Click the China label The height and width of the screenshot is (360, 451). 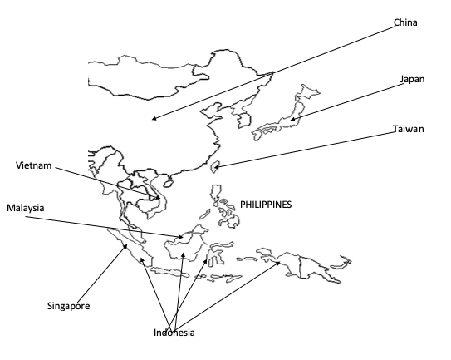click(x=405, y=22)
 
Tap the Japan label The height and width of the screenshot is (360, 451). click(x=413, y=79)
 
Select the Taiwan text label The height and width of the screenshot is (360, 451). click(x=409, y=129)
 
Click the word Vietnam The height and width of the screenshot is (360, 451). click(x=34, y=165)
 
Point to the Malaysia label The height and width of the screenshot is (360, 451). click(x=26, y=208)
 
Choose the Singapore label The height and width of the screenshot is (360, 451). click(x=68, y=306)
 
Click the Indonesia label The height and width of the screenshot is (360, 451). click(x=174, y=333)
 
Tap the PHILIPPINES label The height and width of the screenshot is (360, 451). click(x=266, y=205)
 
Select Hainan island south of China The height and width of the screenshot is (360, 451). click(x=168, y=183)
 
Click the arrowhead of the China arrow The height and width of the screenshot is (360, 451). click(x=154, y=118)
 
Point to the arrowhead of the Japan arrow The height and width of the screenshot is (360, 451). click(x=292, y=119)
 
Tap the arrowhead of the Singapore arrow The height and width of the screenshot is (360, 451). click(x=125, y=245)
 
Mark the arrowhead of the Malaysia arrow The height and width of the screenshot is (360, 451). click(x=180, y=237)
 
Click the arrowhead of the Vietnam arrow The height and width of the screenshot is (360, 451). click(x=158, y=198)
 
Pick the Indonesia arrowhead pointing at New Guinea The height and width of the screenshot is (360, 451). click(x=278, y=263)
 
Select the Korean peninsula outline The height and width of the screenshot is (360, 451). click(x=243, y=115)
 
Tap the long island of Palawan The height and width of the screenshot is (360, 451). click(x=204, y=215)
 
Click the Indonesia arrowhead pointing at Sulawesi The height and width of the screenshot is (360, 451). click(x=206, y=261)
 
